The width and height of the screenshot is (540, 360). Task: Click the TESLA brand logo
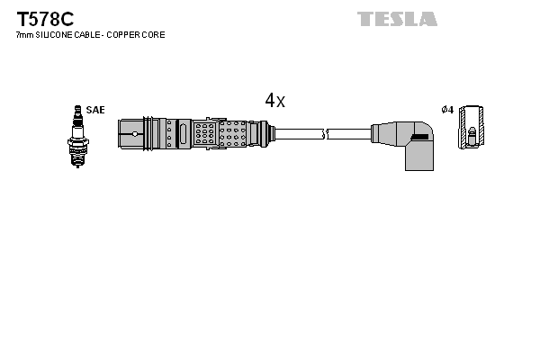397,19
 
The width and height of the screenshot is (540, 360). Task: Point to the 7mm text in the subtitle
24,34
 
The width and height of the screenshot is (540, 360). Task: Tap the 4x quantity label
274,101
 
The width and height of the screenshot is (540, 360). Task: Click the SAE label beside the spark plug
95,110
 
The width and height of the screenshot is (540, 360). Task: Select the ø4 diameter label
446,110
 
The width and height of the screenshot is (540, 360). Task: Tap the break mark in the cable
325,135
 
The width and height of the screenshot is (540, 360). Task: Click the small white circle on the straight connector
134,135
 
